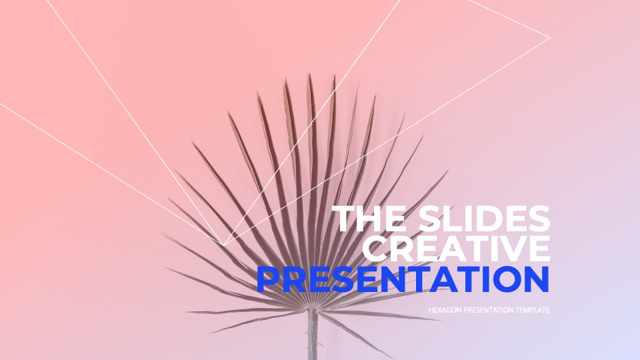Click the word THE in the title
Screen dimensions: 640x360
tap(370, 219)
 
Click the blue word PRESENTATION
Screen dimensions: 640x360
tap(403, 279)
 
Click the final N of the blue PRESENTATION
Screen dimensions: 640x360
tap(536, 279)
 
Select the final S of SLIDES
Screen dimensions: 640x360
tap(539, 219)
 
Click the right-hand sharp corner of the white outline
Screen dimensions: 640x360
tap(550, 37)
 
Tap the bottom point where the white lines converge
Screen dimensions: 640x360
tap(224, 245)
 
